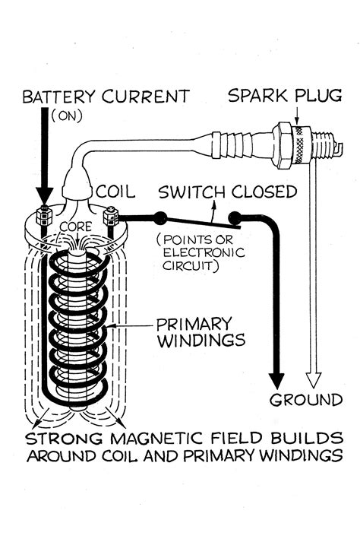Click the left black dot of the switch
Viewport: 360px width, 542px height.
coord(159,217)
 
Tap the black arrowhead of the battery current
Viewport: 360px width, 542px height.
coord(45,195)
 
